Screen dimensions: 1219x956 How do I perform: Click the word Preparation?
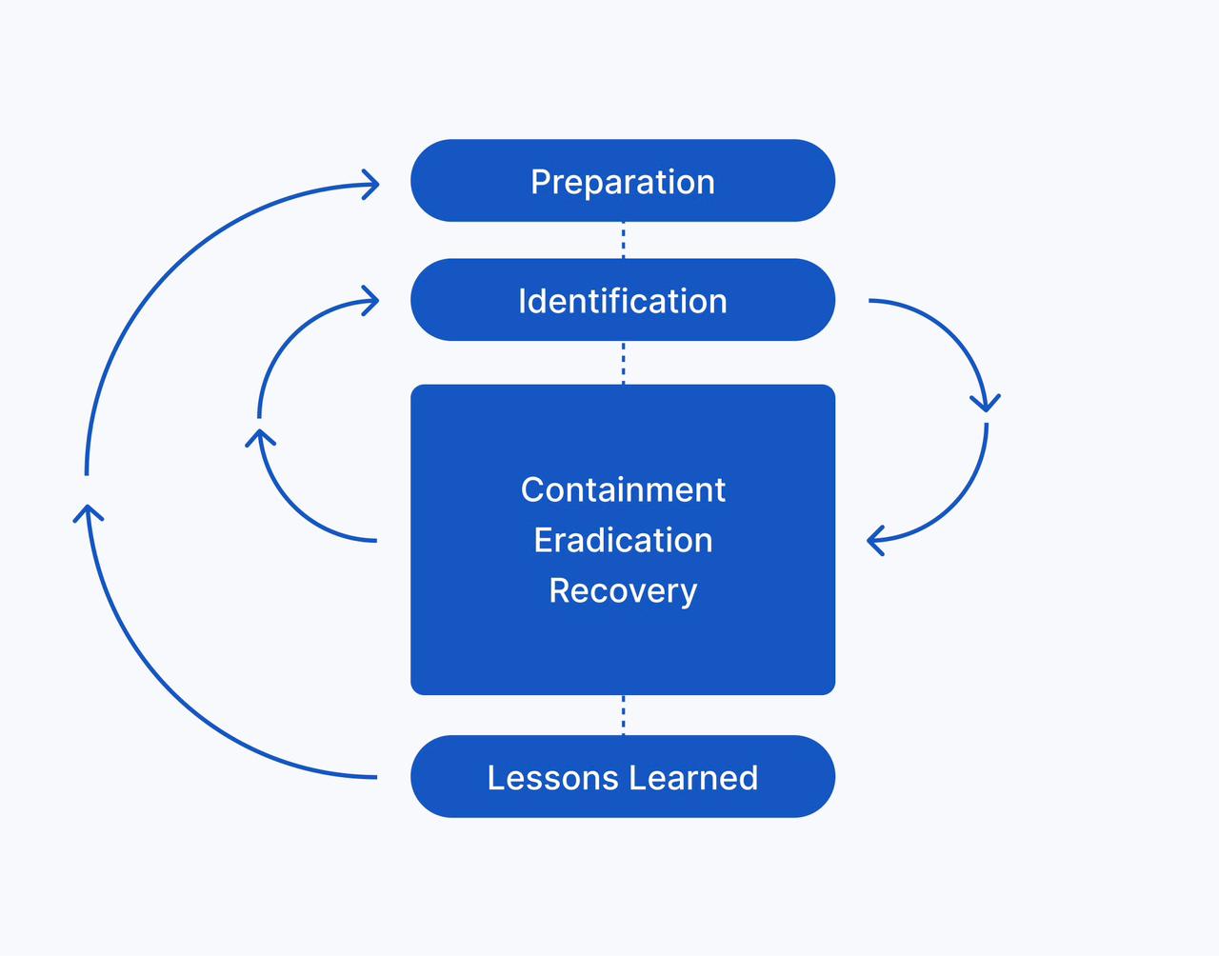623,183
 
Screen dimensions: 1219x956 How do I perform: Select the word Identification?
623,301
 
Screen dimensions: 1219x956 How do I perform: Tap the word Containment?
623,489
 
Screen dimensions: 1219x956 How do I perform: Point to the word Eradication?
623,540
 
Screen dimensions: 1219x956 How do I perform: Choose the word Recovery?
623,591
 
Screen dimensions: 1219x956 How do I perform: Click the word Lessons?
552,778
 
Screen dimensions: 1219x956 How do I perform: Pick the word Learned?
693,778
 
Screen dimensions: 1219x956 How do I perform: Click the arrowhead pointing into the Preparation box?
371,184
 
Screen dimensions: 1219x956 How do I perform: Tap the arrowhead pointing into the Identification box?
371,301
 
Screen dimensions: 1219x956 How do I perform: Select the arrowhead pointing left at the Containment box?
875,541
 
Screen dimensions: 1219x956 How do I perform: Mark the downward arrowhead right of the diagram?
986,403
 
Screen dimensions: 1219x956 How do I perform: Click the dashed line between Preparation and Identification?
623,240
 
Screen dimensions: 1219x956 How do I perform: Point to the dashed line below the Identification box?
623,363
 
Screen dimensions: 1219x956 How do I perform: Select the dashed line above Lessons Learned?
623,715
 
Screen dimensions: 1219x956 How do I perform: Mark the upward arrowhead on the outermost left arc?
88,512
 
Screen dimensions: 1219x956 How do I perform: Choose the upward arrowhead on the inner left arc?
260,437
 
